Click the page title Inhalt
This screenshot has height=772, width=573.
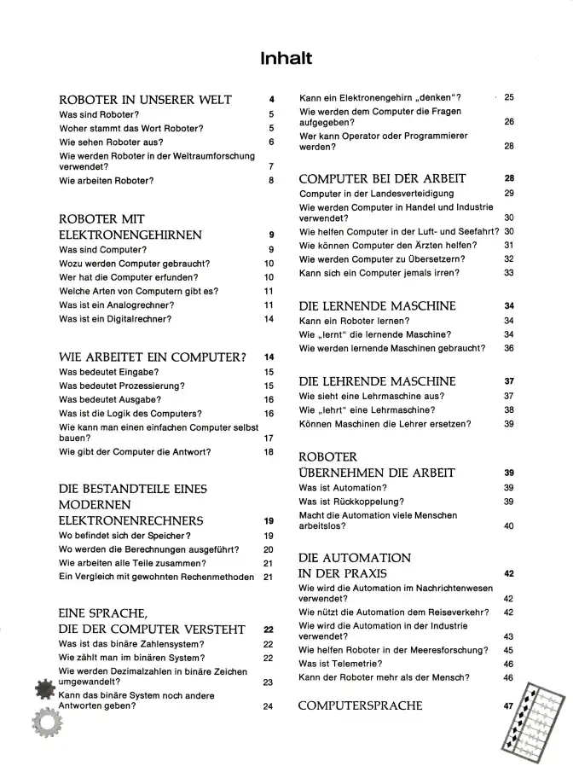(286, 59)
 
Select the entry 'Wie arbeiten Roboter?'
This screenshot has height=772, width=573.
(107, 181)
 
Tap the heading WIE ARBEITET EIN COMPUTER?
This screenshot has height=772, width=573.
(153, 357)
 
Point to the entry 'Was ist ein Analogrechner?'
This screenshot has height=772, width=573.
(117, 305)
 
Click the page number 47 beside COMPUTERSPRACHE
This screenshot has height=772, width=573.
(509, 706)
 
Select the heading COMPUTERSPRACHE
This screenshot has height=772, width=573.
(361, 706)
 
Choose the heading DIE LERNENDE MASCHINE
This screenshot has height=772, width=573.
(377, 306)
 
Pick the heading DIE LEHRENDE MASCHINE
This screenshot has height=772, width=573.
(377, 381)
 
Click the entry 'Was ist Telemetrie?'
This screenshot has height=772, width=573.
(340, 664)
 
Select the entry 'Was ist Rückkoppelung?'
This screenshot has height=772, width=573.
(351, 502)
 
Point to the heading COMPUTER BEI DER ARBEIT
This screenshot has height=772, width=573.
(383, 179)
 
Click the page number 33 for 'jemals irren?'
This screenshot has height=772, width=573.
(509, 273)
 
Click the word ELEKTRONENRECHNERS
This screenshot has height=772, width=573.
(130, 520)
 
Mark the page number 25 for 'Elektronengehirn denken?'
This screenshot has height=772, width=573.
(509, 98)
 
